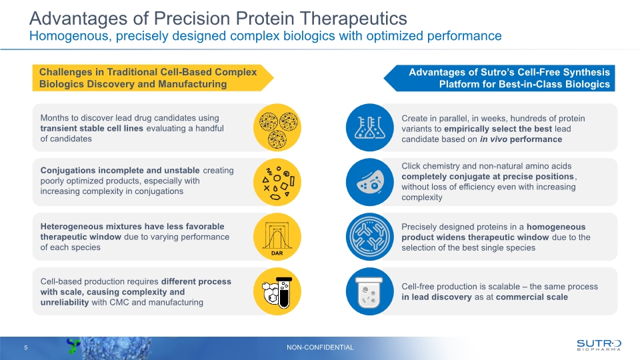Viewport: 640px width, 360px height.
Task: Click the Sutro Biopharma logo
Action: (x=598, y=344)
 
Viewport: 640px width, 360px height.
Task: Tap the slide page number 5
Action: (x=25, y=347)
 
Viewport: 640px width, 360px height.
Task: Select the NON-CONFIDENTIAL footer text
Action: (x=320, y=347)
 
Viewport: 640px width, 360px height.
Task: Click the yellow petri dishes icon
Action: (x=277, y=127)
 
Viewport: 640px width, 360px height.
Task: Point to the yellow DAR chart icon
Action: (x=277, y=237)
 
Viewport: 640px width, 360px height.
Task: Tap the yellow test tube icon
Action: (x=277, y=291)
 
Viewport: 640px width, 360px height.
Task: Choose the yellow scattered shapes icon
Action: (x=277, y=182)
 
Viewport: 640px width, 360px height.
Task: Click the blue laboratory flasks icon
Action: (x=370, y=127)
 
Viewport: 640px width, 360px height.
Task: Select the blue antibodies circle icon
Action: (x=370, y=237)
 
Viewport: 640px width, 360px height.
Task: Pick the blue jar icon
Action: (x=370, y=291)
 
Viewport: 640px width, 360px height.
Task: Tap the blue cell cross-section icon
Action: (x=370, y=182)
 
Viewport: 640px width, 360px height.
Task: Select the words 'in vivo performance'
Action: (x=521, y=139)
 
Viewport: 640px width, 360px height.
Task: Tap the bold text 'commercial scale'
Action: (x=532, y=297)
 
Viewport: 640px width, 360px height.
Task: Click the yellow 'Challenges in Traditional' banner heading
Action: (x=148, y=78)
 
